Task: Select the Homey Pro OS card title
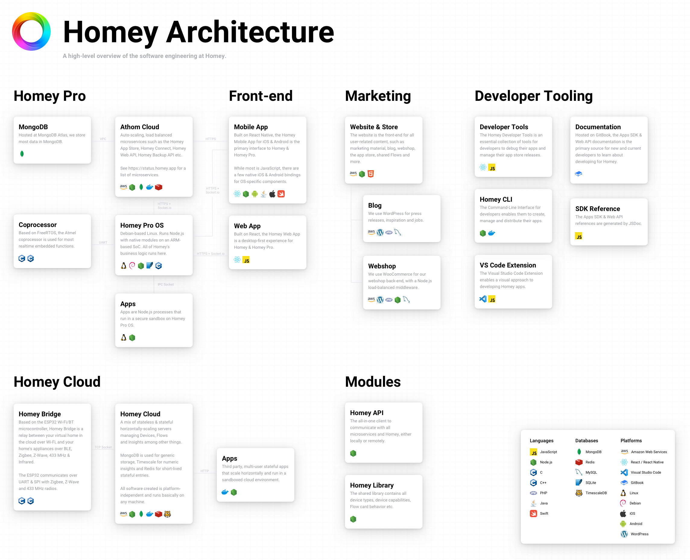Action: click(142, 225)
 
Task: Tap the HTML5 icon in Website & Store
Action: click(371, 174)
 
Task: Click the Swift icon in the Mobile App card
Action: click(281, 194)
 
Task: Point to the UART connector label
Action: click(103, 243)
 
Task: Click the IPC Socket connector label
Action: click(166, 284)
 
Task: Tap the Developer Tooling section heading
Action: click(533, 96)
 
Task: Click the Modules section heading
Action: click(373, 382)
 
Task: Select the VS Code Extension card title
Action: click(508, 265)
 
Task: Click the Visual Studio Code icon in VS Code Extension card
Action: click(483, 299)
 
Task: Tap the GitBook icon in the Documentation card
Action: click(578, 174)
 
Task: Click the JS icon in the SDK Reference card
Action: click(578, 236)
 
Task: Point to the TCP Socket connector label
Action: click(103, 447)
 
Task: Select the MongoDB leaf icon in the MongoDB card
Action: click(22, 154)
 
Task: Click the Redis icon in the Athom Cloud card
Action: click(159, 187)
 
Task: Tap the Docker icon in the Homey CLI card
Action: click(492, 233)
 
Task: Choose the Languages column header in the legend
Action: click(541, 441)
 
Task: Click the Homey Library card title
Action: click(372, 485)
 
